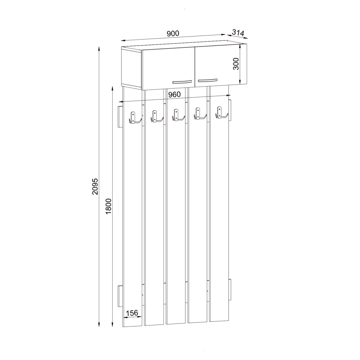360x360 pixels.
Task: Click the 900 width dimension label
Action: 173,33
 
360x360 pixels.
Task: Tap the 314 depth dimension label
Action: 238,32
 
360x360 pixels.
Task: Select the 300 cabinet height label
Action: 236,64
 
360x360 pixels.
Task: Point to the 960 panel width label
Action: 174,94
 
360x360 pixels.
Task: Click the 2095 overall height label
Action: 95,186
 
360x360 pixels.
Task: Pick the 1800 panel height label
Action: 109,206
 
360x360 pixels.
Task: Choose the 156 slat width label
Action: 132,313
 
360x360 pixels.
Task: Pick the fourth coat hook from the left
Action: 199,115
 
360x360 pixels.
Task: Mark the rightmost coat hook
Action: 221,113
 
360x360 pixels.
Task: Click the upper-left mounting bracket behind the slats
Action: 121,117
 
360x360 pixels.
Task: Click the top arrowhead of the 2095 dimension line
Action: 99,48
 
